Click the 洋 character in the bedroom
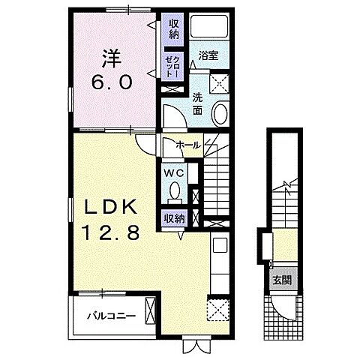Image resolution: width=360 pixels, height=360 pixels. [111, 58]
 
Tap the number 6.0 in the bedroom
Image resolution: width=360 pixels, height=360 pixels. [111, 82]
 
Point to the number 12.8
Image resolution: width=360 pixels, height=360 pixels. [112, 232]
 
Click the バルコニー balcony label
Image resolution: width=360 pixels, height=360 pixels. [111, 316]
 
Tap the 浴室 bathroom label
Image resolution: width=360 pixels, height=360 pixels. [208, 55]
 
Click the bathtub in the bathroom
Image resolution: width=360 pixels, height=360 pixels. [209, 27]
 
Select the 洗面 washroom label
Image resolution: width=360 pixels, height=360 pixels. [197, 103]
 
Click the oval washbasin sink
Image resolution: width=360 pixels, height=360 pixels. [220, 114]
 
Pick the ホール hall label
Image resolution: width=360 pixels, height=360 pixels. [188, 145]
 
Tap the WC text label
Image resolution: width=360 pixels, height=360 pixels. [174, 172]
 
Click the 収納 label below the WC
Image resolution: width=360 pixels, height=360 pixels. [174, 219]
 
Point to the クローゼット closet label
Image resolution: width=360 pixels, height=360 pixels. [172, 66]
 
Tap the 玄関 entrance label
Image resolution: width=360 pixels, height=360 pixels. [282, 280]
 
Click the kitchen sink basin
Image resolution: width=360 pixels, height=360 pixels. [220, 245]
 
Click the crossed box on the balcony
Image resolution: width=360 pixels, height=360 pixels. [150, 310]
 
